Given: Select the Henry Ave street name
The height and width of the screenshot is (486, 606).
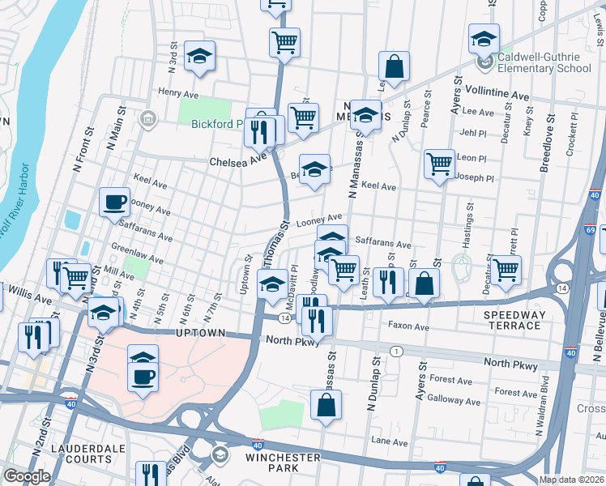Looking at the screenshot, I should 177,92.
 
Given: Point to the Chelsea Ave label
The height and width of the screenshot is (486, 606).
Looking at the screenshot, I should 238,161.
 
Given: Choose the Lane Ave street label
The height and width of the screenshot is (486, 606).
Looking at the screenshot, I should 389,442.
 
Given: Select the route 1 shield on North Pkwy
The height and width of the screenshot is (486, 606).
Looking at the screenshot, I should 396,351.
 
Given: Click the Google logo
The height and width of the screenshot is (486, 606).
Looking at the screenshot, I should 27,476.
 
